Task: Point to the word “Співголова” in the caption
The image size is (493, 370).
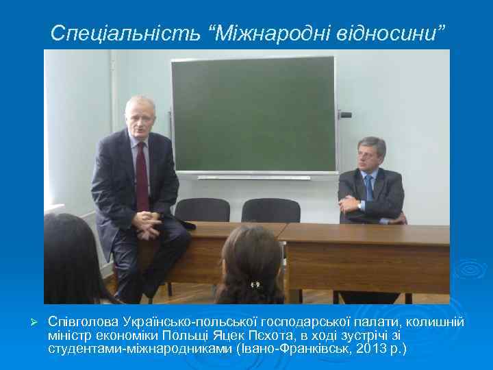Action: click(84, 321)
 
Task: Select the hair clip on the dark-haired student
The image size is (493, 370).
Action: click(255, 284)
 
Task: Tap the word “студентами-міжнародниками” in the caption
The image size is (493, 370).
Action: click(140, 349)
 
